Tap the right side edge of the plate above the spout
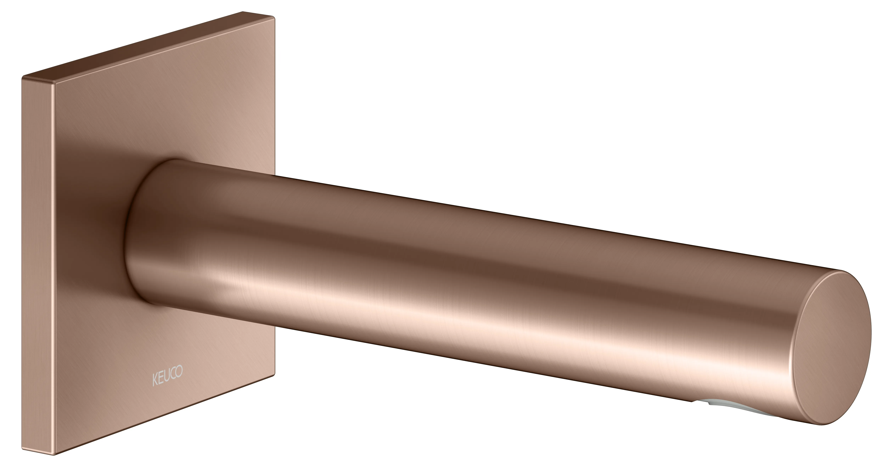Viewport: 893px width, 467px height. [275, 104]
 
